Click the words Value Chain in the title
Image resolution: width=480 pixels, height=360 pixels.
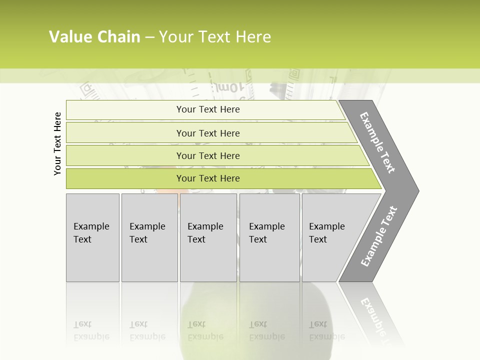click(x=94, y=37)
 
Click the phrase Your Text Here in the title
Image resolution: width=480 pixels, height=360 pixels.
click(x=215, y=37)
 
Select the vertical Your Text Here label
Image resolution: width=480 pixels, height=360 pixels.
click(x=57, y=143)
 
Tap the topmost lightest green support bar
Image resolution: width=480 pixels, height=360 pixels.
click(x=207, y=109)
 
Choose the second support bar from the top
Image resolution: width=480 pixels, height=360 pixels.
click(x=207, y=133)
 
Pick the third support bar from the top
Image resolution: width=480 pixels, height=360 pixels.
click(x=207, y=155)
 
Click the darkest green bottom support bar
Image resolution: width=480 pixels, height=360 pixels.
click(x=207, y=178)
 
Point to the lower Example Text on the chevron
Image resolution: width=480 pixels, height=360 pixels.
click(x=379, y=236)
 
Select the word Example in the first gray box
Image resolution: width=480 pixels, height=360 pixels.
click(x=91, y=226)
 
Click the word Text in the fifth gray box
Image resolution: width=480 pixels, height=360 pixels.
click(x=317, y=239)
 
